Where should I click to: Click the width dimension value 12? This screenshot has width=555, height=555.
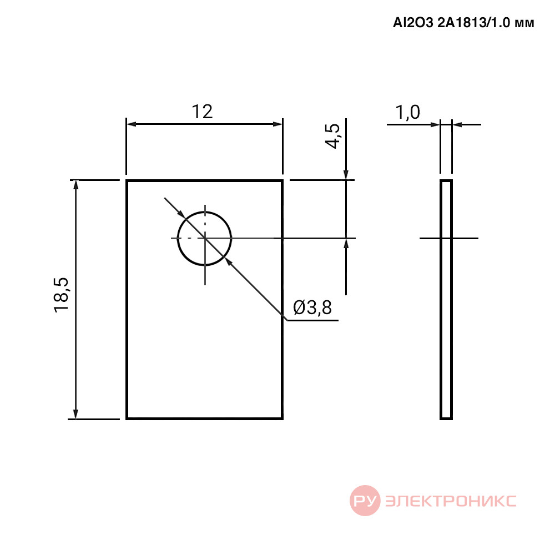click(x=202, y=112)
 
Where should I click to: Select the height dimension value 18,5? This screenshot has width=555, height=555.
click(x=61, y=295)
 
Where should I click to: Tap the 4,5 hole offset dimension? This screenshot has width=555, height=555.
click(x=332, y=137)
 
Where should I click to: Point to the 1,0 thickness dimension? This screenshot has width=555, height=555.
click(x=408, y=113)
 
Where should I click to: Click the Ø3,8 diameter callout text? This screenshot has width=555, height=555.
click(x=312, y=307)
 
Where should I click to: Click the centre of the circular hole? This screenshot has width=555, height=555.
click(x=205, y=238)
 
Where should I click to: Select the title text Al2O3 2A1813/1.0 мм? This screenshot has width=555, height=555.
click(x=463, y=23)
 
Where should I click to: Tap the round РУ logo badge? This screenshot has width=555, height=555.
click(x=365, y=501)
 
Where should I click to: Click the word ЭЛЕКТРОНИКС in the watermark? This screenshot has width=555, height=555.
click(x=451, y=501)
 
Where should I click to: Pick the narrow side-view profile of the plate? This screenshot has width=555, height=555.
click(x=446, y=300)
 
